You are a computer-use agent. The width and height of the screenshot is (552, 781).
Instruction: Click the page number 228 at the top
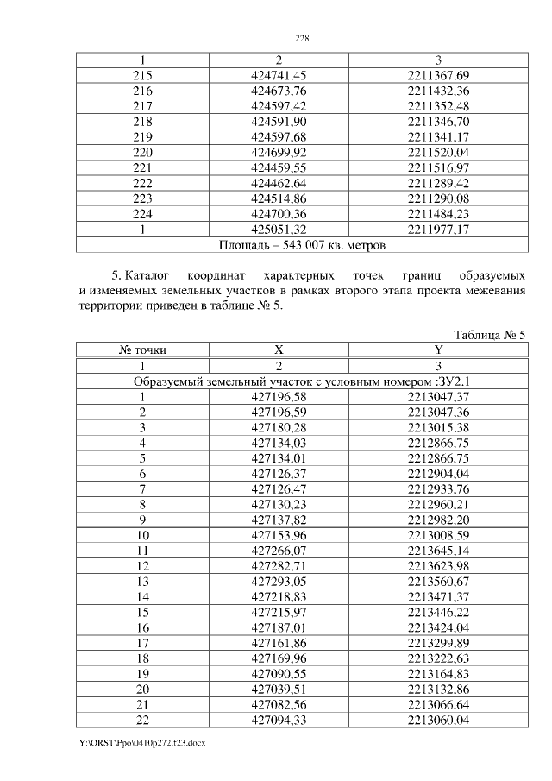(x=302, y=39)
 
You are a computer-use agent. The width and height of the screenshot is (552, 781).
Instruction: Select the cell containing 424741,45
(x=279, y=75)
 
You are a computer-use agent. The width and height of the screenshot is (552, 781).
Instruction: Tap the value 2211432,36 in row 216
(x=438, y=91)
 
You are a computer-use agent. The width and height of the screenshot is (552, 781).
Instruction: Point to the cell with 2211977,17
(x=438, y=230)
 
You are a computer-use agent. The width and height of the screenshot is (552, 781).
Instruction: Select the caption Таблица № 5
(x=489, y=335)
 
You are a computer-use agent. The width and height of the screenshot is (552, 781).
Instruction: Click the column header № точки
(x=142, y=350)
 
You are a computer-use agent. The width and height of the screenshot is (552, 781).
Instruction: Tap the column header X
(x=279, y=350)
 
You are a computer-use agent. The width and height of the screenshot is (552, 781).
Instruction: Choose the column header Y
(x=438, y=350)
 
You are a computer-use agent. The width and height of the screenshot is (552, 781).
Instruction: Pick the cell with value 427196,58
(x=279, y=397)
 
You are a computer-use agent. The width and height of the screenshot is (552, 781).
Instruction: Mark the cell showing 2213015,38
(x=438, y=428)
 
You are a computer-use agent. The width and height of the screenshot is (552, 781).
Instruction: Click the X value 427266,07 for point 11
(x=279, y=551)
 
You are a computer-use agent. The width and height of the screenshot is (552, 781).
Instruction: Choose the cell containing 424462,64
(x=279, y=184)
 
